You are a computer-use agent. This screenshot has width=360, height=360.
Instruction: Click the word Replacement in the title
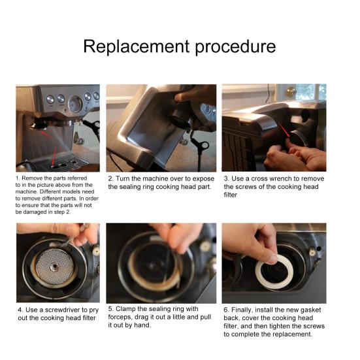137,46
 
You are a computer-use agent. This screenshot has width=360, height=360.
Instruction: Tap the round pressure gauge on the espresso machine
75,104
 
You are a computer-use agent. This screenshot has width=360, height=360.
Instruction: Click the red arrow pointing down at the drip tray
54,155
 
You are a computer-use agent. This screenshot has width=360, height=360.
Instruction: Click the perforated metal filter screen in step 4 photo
55,267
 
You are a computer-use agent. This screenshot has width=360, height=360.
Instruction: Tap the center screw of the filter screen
55,267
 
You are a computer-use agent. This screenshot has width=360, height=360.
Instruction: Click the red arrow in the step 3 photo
284,131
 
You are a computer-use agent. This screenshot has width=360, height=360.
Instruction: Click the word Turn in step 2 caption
123,178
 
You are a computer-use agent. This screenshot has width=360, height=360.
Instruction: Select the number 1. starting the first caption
18,178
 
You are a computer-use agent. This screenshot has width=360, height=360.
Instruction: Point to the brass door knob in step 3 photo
291,91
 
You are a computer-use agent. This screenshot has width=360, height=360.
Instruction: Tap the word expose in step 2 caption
203,179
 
